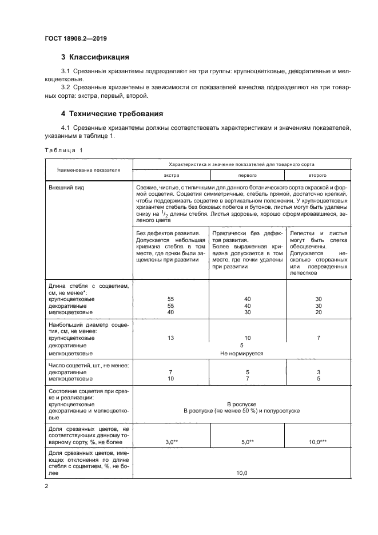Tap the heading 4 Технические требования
coord(112,113)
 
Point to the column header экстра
coord(171,176)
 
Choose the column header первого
coord(246,176)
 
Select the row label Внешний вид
coord(65,188)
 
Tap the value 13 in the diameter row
coord(170,338)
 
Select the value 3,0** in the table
coord(170,442)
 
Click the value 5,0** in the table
coord(246,442)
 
